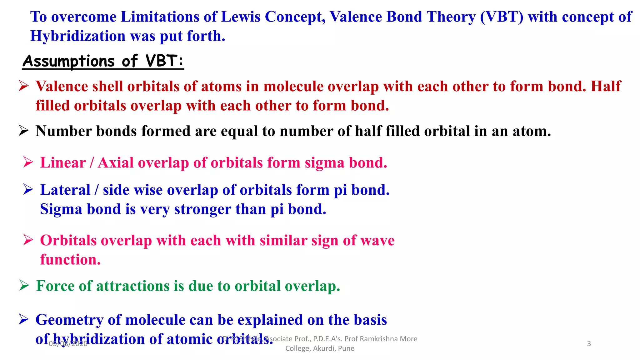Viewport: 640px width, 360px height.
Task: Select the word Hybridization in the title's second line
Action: [77, 36]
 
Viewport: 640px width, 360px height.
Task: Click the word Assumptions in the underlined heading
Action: [69, 61]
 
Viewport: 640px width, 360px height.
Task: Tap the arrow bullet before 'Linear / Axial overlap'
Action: [28, 162]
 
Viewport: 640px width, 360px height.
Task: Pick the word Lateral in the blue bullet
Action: [65, 190]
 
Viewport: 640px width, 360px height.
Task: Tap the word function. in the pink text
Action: [70, 259]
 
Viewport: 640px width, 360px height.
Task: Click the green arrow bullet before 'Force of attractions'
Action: [24, 285]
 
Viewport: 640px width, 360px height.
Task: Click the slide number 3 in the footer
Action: [589, 344]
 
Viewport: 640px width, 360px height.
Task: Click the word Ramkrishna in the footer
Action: [379, 339]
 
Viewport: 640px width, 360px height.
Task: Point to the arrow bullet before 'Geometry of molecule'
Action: [23, 319]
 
